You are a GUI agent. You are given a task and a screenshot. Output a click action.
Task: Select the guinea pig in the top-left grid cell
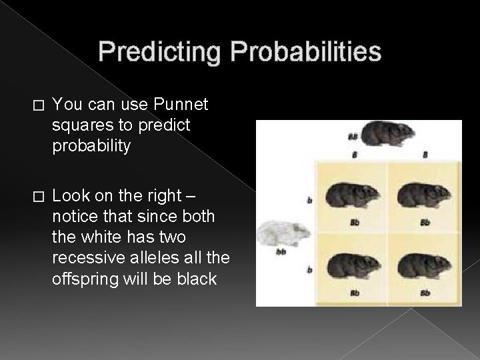[351, 195]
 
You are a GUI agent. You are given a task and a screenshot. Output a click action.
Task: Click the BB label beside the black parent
[352, 137]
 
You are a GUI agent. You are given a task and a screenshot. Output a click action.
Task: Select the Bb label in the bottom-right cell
[424, 292]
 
